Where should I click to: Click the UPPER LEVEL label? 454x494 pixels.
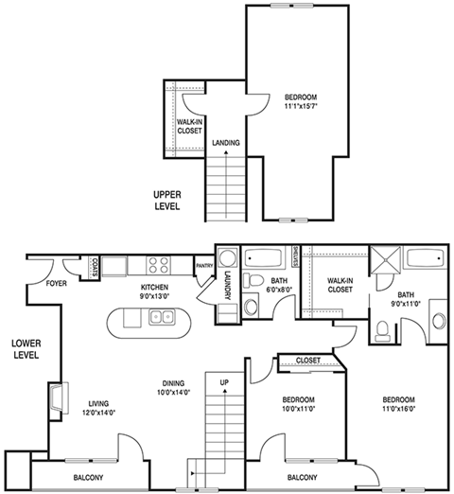coord(166,200)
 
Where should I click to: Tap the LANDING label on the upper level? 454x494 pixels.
coord(225,143)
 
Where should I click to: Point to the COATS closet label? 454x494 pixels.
coord(97,269)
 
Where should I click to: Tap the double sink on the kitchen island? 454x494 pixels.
coord(160,316)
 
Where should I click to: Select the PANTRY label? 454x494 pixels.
coord(203,266)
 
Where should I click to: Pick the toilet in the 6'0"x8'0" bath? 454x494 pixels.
coord(253,279)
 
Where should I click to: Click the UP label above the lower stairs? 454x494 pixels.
coord(224,383)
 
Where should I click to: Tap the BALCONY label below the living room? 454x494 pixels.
coord(88,477)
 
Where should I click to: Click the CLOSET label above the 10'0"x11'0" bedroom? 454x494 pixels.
coord(307,361)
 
